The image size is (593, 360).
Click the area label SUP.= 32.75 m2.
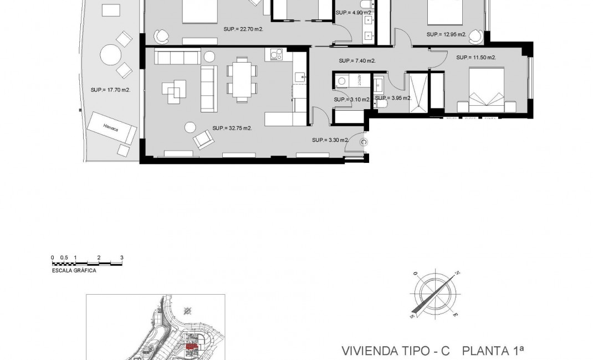point(232,128)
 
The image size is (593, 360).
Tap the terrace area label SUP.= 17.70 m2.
point(110,89)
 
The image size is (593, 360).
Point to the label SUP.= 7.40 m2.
point(357,61)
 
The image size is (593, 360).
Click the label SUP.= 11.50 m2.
point(476,57)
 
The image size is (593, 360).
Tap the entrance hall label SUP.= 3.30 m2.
point(330,140)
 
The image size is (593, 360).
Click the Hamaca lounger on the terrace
point(113,128)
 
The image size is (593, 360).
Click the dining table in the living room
point(242,80)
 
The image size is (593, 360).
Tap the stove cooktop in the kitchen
point(275,55)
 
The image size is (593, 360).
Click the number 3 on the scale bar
point(121,258)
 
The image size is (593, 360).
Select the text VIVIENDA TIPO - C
point(395,351)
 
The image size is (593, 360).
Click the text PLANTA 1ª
point(493,351)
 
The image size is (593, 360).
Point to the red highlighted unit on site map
point(192,347)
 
